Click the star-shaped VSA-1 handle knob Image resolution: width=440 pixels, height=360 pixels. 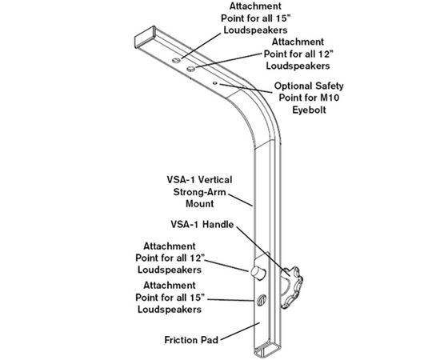[x=292, y=288]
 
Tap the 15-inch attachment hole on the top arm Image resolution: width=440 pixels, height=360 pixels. [x=176, y=60]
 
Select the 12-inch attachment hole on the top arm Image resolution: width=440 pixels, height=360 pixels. [x=191, y=69]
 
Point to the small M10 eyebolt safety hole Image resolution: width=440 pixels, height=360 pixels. [x=215, y=83]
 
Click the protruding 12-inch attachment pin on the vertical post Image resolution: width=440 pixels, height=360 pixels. [x=258, y=273]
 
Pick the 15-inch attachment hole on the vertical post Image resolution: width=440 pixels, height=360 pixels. [x=262, y=300]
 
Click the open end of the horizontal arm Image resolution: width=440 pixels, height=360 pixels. [x=145, y=37]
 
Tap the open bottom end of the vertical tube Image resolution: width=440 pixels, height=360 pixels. [x=267, y=350]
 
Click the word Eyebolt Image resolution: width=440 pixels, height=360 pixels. [x=310, y=110]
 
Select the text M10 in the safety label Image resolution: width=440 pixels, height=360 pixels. [x=330, y=98]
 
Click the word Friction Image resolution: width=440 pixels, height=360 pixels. [x=182, y=340]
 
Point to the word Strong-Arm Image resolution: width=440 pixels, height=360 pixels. [x=199, y=192]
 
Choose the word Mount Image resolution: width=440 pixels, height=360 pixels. [x=199, y=204]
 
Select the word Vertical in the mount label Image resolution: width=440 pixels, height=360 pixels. [x=215, y=180]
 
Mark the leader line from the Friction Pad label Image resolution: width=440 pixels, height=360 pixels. [x=240, y=332]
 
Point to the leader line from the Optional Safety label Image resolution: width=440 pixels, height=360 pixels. [x=246, y=88]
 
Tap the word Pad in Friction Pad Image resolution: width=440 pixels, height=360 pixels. [x=210, y=340]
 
